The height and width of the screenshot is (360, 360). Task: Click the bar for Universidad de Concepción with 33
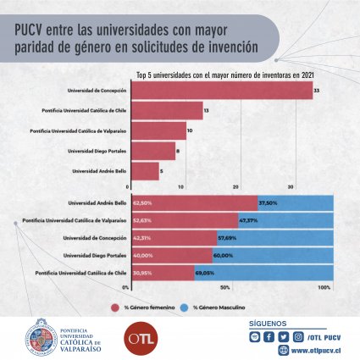pyautogui.click(x=221, y=89)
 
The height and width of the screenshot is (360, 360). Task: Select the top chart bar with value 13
pyautogui.click(x=166, y=110)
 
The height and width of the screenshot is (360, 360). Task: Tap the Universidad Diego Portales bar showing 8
pyautogui.click(x=152, y=152)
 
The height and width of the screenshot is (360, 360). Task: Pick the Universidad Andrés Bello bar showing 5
pyautogui.click(x=143, y=173)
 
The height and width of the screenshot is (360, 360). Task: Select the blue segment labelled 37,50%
pyautogui.click(x=296, y=203)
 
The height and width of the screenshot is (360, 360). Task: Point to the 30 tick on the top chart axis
pyautogui.click(x=291, y=186)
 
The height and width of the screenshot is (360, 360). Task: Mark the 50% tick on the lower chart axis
pyautogui.click(x=225, y=288)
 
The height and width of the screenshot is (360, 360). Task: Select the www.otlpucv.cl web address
pyautogui.click(x=314, y=350)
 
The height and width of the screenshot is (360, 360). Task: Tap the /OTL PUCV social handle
pyautogui.click(x=326, y=337)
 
